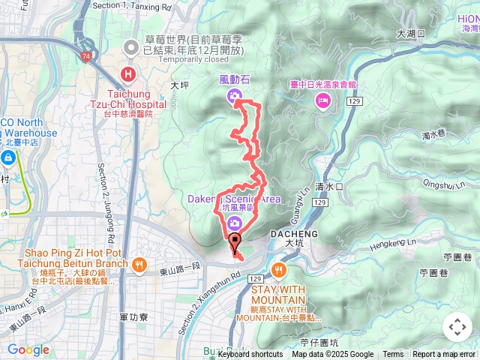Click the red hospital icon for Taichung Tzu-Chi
[x=128, y=74]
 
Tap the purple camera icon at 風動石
[x=234, y=95]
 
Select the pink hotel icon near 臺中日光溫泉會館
[x=323, y=100]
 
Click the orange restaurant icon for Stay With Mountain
[x=279, y=270]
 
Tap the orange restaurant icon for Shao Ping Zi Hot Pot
[x=139, y=265]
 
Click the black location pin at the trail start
[x=235, y=243]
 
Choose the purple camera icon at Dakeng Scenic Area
[x=235, y=223]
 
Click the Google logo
[x=28, y=349]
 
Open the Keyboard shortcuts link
[x=250, y=355]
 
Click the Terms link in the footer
[x=393, y=355]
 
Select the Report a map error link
[x=445, y=355]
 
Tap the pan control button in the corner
[x=457, y=327]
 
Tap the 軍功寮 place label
[x=133, y=317]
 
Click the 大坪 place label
[x=180, y=86]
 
